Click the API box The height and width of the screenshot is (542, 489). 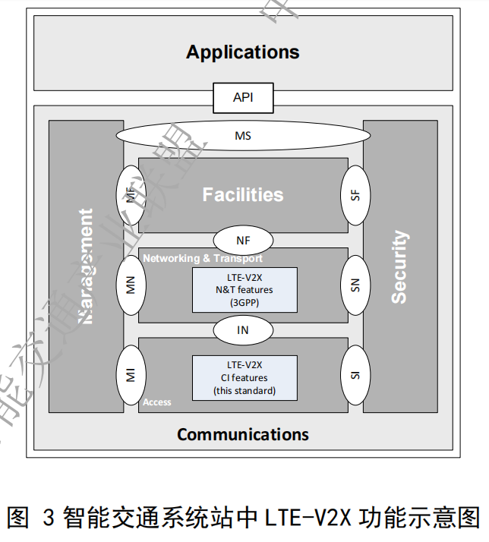coord(243,98)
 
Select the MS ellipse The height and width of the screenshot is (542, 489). coord(243,137)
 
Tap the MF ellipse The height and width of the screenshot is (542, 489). coord(130,194)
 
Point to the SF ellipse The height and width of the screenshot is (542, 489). coord(356,194)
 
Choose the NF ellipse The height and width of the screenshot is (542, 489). coord(243,241)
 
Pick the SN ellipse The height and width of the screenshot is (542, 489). coord(356,285)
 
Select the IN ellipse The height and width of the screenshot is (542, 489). coord(243,330)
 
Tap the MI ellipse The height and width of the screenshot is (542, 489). coord(130,375)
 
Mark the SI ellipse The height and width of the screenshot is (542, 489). coord(356,375)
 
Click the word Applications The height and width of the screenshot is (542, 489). coord(243,52)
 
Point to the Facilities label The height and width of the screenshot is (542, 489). coord(243,194)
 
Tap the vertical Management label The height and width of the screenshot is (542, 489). coord(87,266)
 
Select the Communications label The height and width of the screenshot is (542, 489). coord(243,434)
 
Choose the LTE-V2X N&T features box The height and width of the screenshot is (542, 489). coord(243,289)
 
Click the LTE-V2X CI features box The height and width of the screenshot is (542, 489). coord(243,377)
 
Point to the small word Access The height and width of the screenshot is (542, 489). coord(157,402)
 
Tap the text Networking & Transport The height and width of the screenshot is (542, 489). coord(203,258)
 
